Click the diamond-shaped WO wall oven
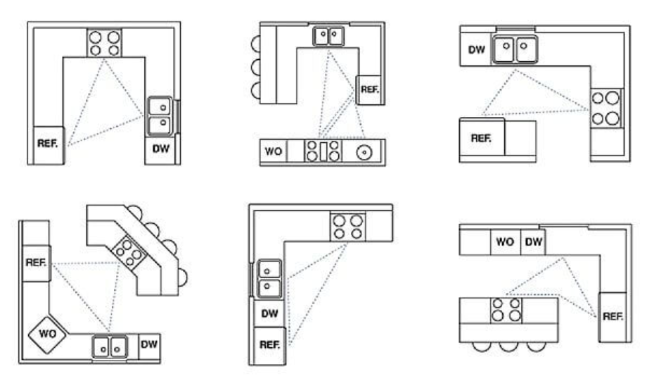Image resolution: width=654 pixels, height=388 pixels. (47, 334)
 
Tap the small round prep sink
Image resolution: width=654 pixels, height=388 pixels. (364, 152)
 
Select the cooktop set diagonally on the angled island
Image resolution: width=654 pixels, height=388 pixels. (129, 251)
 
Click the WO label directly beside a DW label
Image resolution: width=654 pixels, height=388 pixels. (505, 242)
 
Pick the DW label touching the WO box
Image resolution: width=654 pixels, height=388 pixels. (534, 242)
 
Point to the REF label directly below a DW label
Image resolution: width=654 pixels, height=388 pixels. (269, 344)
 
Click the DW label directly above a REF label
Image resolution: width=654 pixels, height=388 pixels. (269, 313)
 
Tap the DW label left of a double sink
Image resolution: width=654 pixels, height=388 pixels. (476, 50)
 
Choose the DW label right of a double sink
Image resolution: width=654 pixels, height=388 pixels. (149, 344)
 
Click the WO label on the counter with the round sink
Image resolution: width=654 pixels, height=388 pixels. (273, 151)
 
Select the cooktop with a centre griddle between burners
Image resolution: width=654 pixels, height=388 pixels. (323, 151)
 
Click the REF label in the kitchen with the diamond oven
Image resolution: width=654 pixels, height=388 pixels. (36, 263)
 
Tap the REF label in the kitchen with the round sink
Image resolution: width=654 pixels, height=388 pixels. (369, 89)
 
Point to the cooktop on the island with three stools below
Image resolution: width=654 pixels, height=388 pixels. (506, 310)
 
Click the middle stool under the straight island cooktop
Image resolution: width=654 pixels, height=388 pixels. (508, 346)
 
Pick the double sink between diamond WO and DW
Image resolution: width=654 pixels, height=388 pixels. (110, 347)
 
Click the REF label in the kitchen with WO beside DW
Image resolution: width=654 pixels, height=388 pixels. (613, 316)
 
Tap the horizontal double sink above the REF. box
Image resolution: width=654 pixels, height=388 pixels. (328, 36)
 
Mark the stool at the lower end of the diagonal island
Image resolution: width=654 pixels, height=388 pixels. (183, 277)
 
